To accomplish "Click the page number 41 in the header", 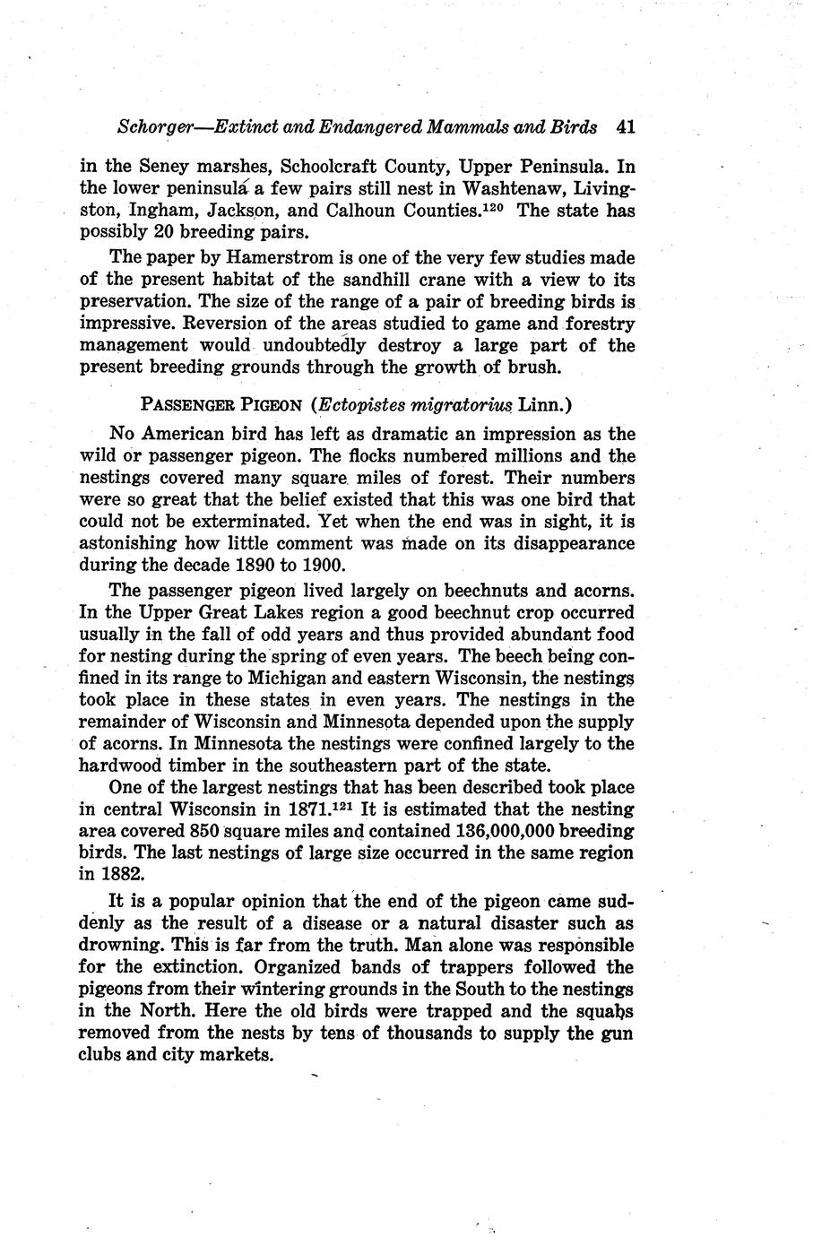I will coord(626,126).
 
